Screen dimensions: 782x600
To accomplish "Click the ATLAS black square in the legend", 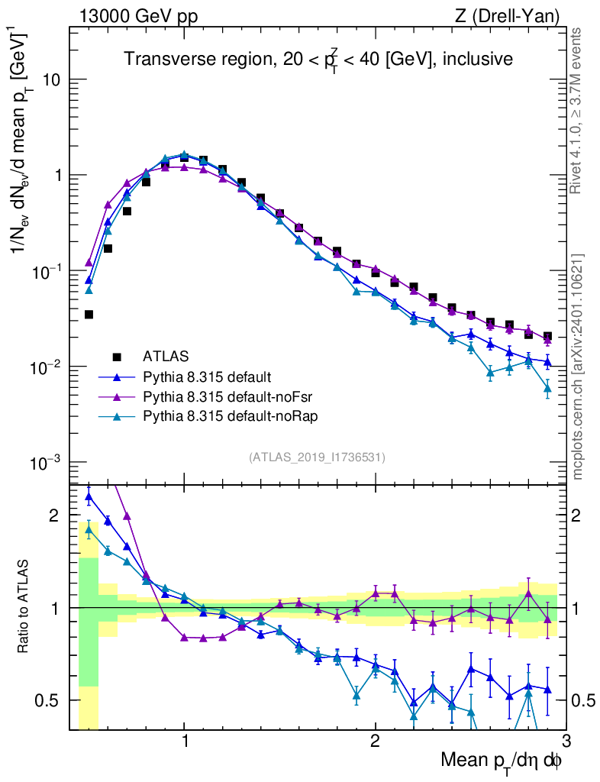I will point(117,356).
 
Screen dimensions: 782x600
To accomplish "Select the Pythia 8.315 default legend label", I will point(207,376).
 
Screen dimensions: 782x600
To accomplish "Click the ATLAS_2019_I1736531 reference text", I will point(317,457).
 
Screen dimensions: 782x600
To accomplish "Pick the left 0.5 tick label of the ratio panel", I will point(48,700).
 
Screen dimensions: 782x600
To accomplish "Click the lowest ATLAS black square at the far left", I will point(89,315).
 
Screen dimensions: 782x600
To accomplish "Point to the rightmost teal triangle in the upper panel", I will point(547,389).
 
